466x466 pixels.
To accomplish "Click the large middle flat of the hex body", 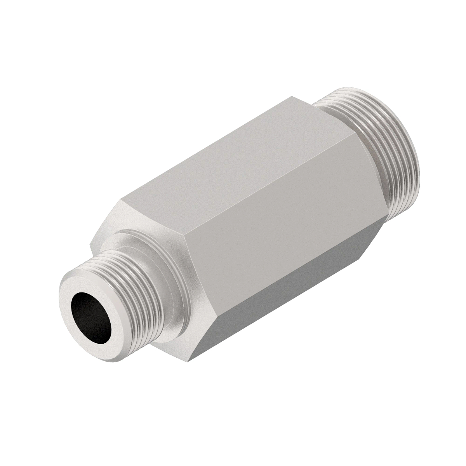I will (280, 217).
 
